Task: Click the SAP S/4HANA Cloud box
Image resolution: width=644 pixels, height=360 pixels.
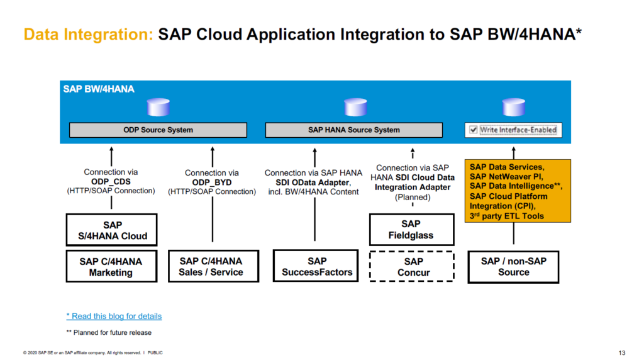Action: [111, 230]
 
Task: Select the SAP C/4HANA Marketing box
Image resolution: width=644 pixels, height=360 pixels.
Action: [111, 266]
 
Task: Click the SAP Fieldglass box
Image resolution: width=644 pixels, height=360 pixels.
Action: [411, 230]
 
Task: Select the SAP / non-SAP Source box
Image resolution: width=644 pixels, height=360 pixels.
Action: [513, 266]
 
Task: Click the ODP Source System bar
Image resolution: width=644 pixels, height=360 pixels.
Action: [158, 130]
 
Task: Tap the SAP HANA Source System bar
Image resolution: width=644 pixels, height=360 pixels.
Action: [353, 130]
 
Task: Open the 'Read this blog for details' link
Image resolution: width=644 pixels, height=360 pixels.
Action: [114, 316]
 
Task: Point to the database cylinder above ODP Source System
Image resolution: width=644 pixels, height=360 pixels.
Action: [158, 108]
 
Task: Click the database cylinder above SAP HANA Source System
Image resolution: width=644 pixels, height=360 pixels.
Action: [353, 108]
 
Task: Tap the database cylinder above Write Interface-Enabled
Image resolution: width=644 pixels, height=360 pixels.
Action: [513, 108]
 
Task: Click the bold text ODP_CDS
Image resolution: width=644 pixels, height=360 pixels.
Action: [111, 181]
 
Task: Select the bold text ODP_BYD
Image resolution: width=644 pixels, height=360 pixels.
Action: [211, 182]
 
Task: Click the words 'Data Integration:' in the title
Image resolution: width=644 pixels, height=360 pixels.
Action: [88, 34]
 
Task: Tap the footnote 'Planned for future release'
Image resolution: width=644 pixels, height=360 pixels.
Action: [112, 332]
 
